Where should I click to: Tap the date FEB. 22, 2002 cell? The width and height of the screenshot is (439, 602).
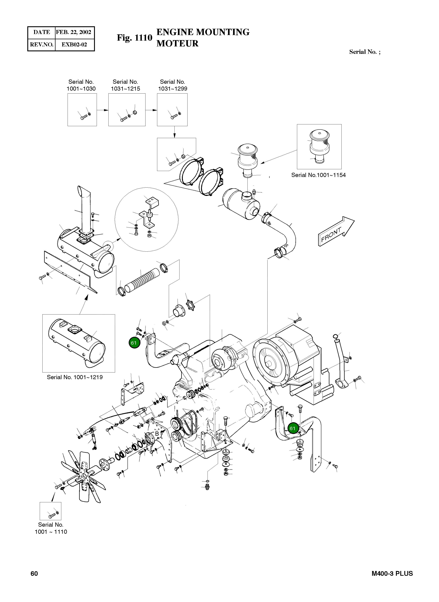[74, 32]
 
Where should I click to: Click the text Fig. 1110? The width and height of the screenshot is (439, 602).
[134, 38]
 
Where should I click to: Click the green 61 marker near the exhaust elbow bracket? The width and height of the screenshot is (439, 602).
[134, 343]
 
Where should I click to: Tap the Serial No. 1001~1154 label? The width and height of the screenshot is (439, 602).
[318, 175]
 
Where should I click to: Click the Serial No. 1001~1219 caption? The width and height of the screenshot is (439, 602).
[75, 377]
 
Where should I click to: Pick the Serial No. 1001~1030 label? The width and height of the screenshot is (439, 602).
[81, 85]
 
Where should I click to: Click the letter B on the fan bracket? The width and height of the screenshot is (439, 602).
[157, 434]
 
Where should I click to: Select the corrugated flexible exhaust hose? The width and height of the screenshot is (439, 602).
[142, 281]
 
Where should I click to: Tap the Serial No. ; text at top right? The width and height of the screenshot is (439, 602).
[365, 52]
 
